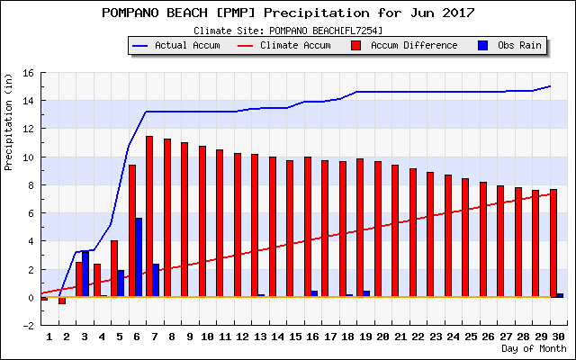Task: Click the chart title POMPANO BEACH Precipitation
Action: coord(288,13)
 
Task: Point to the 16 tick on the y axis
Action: coord(29,73)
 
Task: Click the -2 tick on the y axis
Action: coord(29,326)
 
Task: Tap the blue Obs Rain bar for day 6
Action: coord(139,257)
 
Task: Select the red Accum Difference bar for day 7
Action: coord(149,216)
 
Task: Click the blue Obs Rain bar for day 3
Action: coord(85,274)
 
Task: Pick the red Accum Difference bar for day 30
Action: coord(553,243)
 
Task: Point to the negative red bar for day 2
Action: coord(62,301)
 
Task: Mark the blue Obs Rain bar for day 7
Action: coord(156,280)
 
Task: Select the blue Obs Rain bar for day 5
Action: coord(121,283)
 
